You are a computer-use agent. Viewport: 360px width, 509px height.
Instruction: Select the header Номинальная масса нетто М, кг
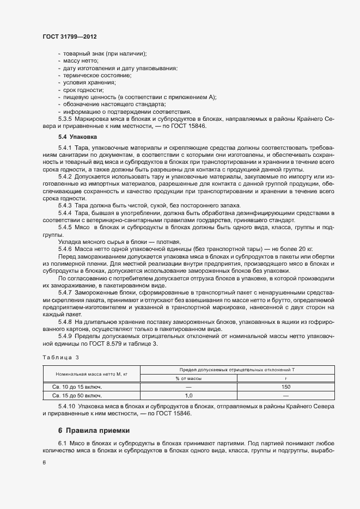[x=91, y=374]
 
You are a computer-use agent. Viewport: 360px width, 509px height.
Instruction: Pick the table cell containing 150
[x=285, y=387]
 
